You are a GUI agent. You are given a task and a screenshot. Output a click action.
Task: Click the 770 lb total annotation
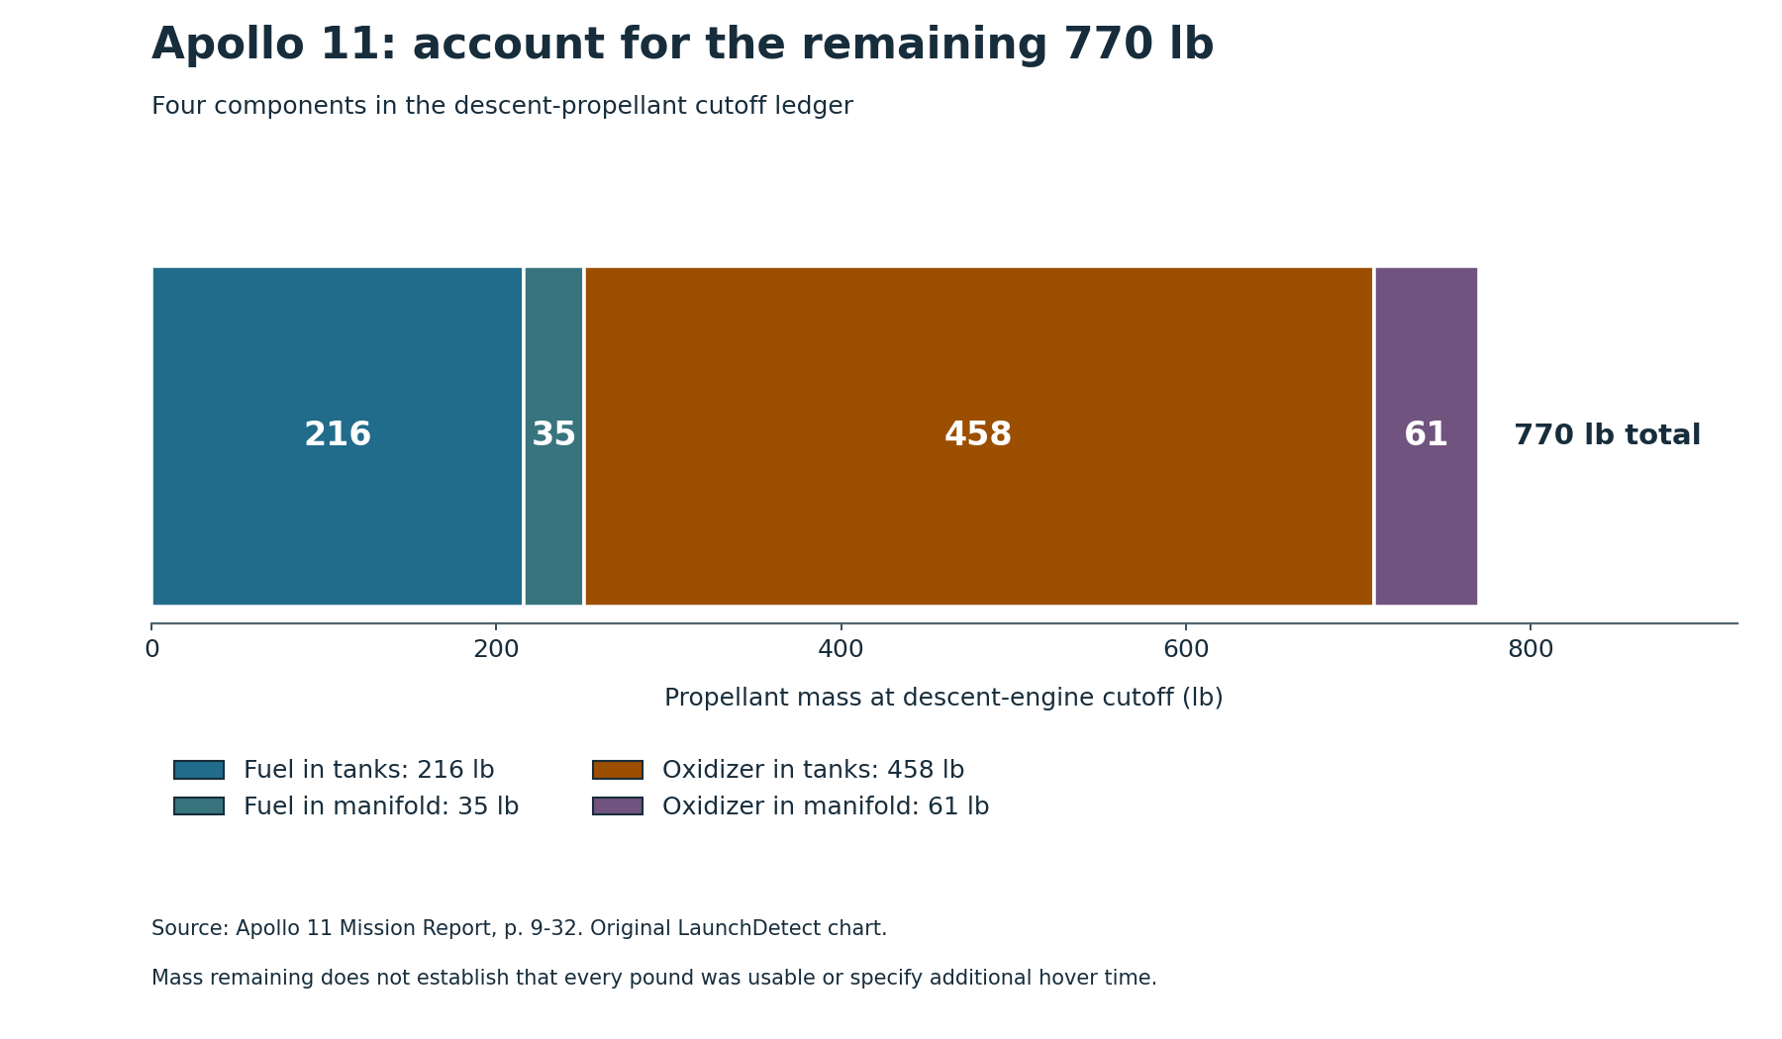(x=1607, y=435)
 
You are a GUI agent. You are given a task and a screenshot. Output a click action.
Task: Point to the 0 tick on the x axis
(x=151, y=649)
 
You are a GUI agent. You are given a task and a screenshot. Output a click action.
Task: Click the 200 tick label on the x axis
(x=496, y=649)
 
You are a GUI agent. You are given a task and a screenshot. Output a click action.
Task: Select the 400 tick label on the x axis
(x=841, y=649)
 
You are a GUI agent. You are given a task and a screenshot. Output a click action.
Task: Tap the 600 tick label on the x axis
(x=1186, y=649)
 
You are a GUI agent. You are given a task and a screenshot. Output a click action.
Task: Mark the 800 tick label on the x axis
(x=1531, y=649)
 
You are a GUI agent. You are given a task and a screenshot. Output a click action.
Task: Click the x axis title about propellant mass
(x=943, y=698)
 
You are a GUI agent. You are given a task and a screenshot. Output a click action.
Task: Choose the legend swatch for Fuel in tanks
(x=199, y=770)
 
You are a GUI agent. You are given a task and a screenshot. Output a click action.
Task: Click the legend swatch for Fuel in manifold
(x=199, y=806)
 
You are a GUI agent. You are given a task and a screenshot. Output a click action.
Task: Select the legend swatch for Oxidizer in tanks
(x=618, y=770)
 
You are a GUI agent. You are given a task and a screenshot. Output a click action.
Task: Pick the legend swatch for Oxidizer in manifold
(x=618, y=806)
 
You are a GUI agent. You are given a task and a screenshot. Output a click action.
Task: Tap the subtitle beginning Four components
(x=502, y=107)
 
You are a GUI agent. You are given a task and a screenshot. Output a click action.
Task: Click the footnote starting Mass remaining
(x=653, y=979)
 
